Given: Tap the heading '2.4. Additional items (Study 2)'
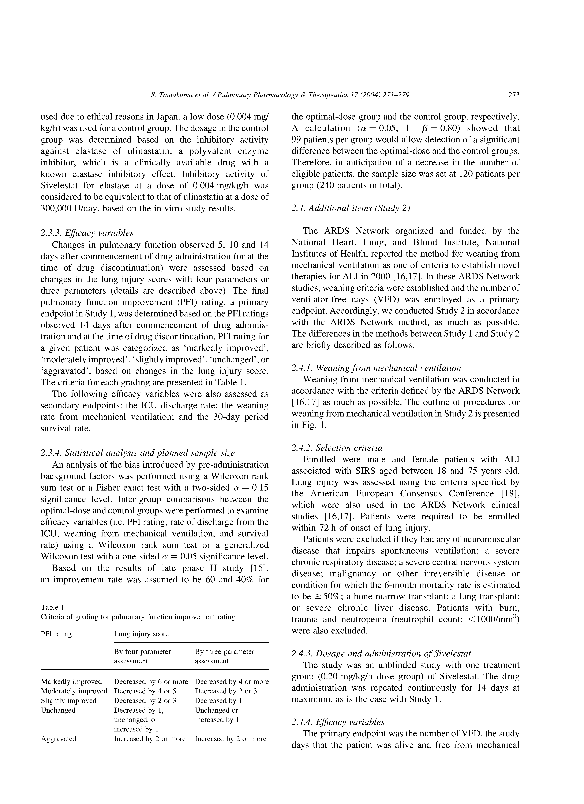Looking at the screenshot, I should coord(351,208).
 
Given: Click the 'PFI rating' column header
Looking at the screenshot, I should coord(56,634).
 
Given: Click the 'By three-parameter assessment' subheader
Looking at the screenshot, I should coord(225,656).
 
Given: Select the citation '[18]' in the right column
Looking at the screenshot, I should coord(510,493).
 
